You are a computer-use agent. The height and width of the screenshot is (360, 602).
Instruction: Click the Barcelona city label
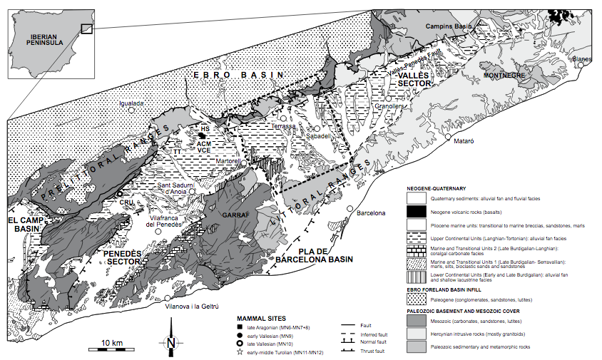pyautogui.click(x=370, y=213)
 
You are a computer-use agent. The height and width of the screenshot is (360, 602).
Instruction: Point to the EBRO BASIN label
pyautogui.click(x=239, y=75)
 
